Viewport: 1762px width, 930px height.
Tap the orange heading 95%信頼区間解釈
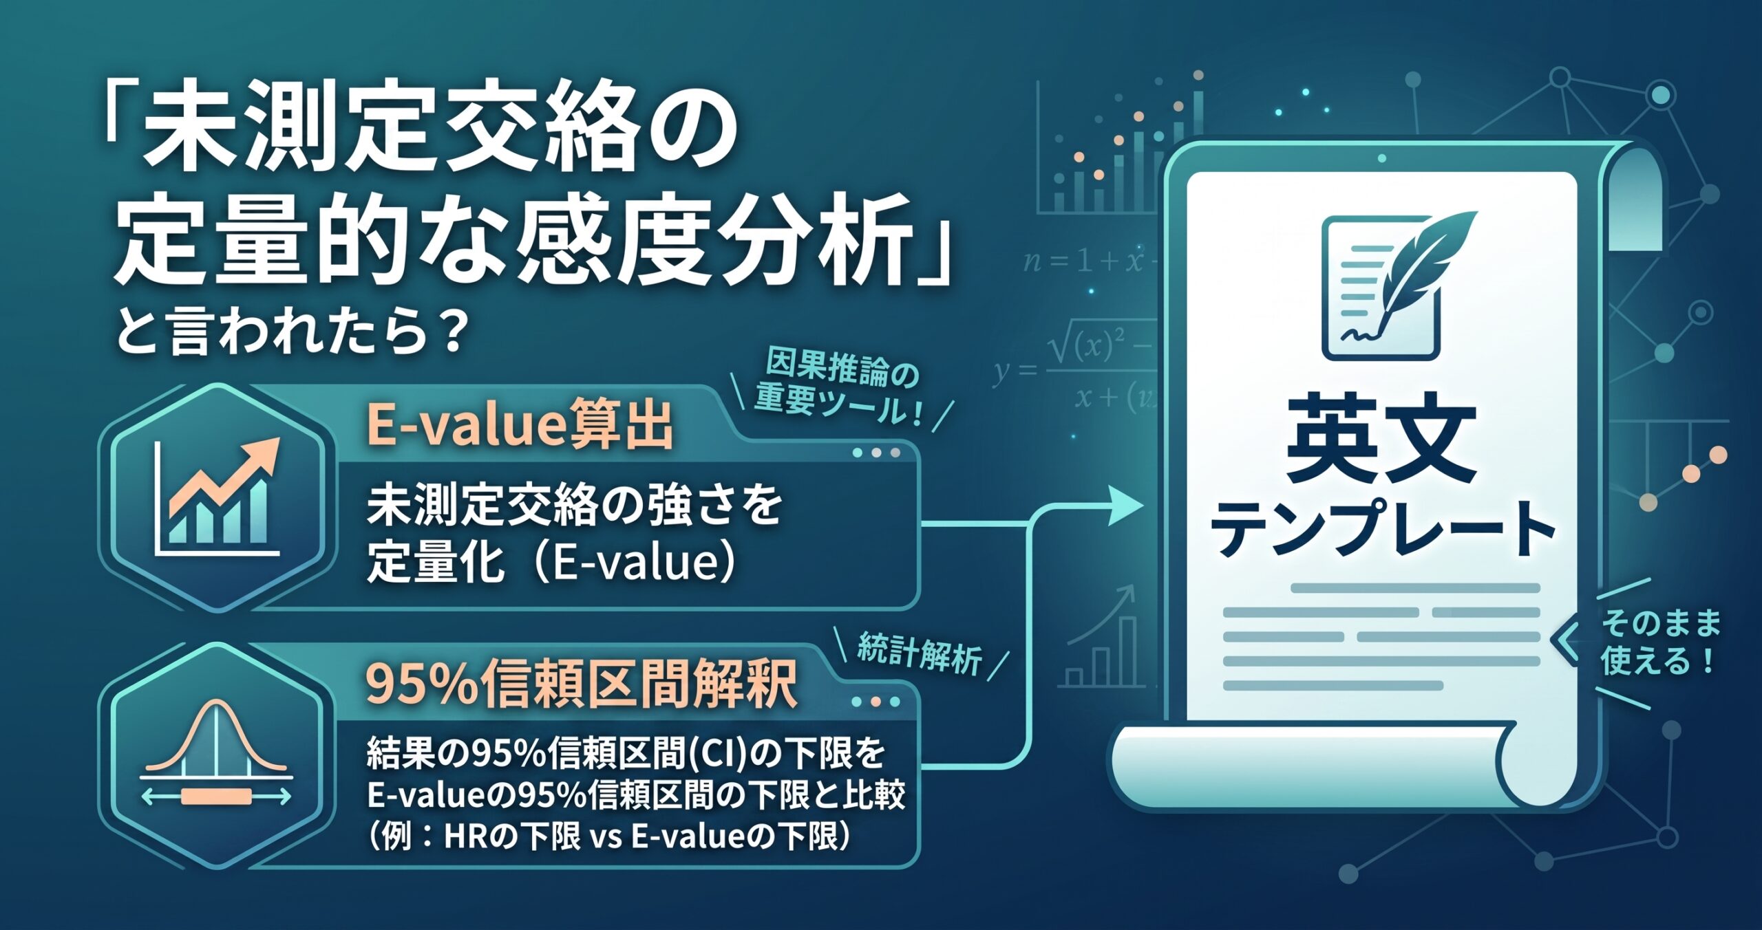(582, 684)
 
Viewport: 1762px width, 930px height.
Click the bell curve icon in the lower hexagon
(216, 753)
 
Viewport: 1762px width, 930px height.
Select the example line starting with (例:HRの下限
(610, 837)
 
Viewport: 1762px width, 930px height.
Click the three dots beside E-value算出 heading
(876, 453)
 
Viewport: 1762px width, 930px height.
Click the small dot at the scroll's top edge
(1381, 159)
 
